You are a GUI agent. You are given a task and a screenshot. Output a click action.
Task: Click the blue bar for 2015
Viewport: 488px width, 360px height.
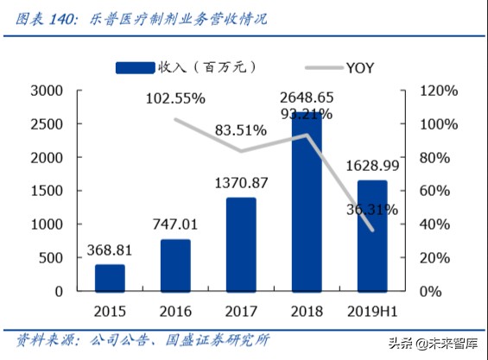tap(110, 278)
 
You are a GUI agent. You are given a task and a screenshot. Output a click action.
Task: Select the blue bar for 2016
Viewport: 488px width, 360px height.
tap(175, 265)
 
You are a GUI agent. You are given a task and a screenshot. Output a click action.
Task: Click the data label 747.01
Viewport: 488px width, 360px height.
tap(175, 224)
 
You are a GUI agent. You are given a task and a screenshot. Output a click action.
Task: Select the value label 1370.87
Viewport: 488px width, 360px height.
tap(241, 183)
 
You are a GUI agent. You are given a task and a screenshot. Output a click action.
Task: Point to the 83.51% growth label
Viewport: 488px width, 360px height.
tap(241, 130)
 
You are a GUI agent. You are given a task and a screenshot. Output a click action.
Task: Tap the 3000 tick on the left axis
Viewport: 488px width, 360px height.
tap(45, 91)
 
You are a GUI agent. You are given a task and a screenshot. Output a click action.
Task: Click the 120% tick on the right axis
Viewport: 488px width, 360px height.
tap(436, 91)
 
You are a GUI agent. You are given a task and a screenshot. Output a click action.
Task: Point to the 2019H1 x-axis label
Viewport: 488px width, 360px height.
tap(373, 310)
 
